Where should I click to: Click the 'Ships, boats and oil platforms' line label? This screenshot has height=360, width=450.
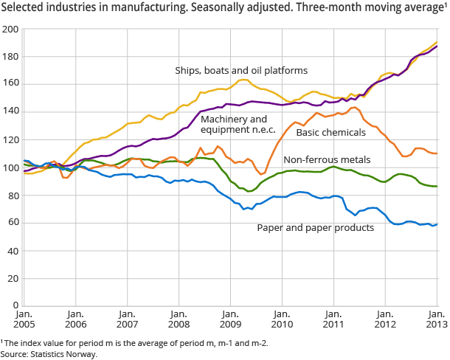pyautogui.click(x=240, y=71)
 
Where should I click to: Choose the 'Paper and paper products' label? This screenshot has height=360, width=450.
pyautogui.click(x=315, y=227)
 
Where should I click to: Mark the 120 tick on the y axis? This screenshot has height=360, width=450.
pyautogui.click(x=10, y=139)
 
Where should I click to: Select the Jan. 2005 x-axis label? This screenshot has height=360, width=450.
pyautogui.click(x=24, y=322)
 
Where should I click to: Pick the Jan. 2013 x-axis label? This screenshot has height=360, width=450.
pyautogui.click(x=436, y=322)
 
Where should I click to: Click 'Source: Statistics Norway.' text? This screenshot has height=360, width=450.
pyautogui.click(x=49, y=354)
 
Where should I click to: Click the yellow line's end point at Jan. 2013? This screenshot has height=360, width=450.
pyautogui.click(x=437, y=42)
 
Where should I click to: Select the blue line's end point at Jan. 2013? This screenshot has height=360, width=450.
pyautogui.click(x=437, y=224)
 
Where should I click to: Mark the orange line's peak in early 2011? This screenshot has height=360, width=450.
pyautogui.click(x=355, y=108)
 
